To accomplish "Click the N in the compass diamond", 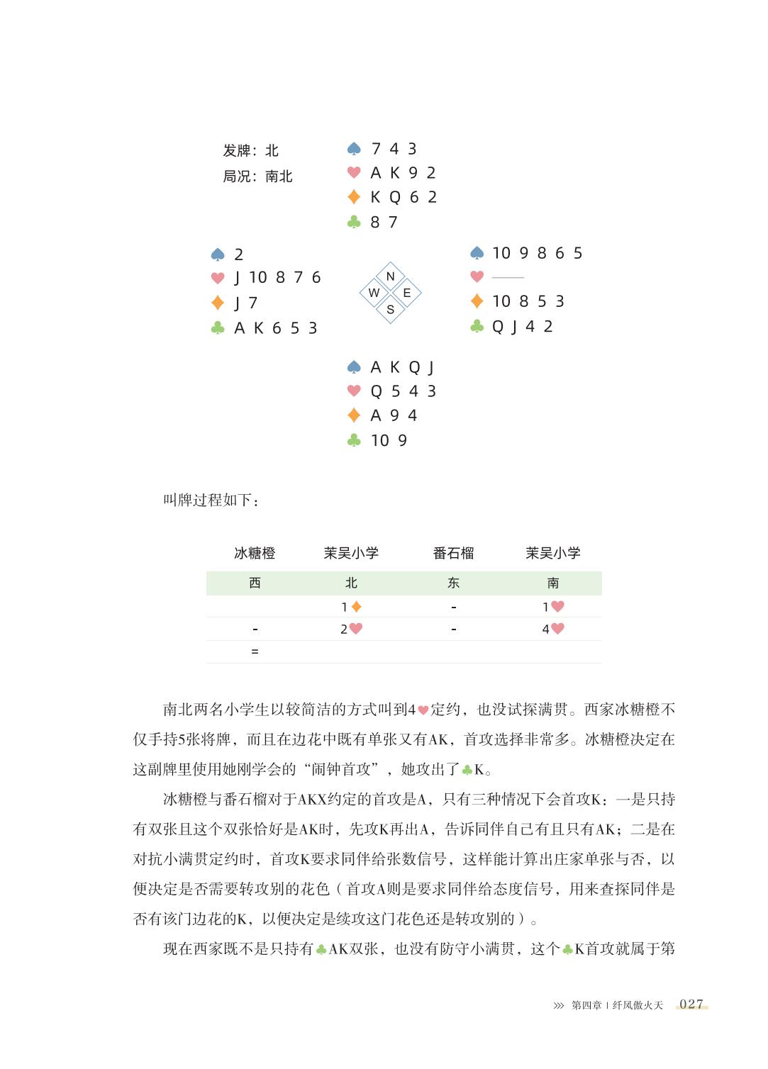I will coord(390,276).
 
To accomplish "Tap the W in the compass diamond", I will coord(374,293).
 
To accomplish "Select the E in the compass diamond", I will coord(407,293).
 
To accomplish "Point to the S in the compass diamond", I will coord(390,310).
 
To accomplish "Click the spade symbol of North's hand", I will coord(354,149).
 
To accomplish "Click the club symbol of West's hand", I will coord(218,328).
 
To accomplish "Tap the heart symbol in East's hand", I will coord(477,276).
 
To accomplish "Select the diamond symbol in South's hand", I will coord(354,415).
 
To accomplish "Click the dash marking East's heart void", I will coord(508,277).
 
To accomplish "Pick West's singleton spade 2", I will coord(239,254).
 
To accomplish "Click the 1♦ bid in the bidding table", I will coord(351,607).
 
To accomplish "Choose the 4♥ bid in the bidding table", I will coord(553,629).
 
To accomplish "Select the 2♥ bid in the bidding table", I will coord(351,629).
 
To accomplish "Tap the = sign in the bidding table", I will coord(255,651).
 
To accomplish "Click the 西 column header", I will coord(255,583).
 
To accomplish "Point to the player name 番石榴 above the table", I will coord(453,553).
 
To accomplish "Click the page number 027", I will coord(691,1004).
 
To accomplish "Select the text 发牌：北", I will coord(250,150).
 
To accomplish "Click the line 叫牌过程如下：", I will coord(211,500).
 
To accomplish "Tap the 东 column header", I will coord(453,583).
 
